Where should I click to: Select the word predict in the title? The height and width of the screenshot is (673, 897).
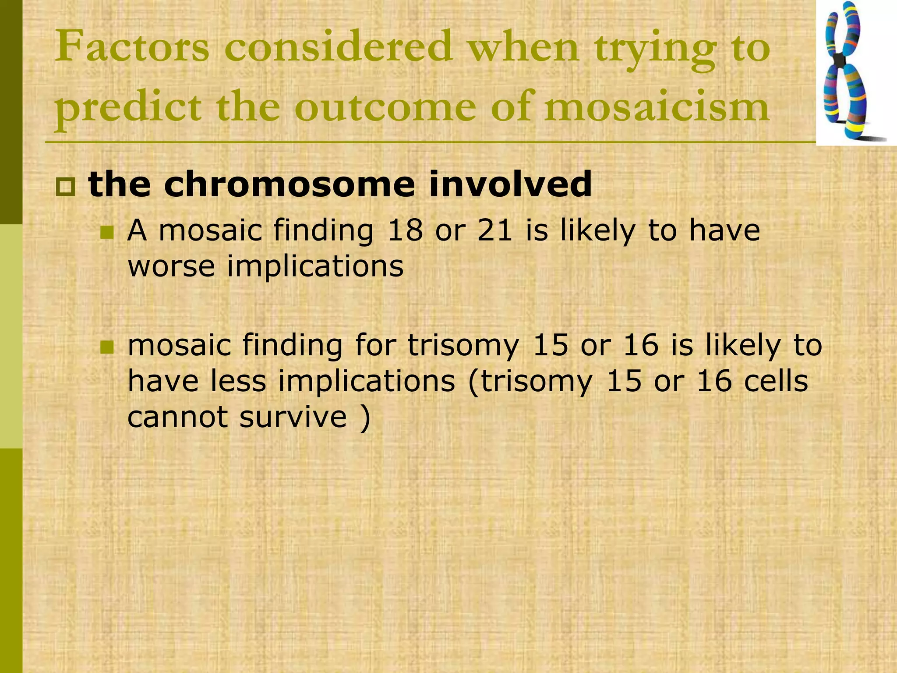click(x=128, y=108)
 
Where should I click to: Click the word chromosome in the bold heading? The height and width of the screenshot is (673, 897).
click(x=289, y=184)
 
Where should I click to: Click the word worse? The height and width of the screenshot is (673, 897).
click(x=171, y=266)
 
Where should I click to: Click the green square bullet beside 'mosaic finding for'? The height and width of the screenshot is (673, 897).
click(x=106, y=347)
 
